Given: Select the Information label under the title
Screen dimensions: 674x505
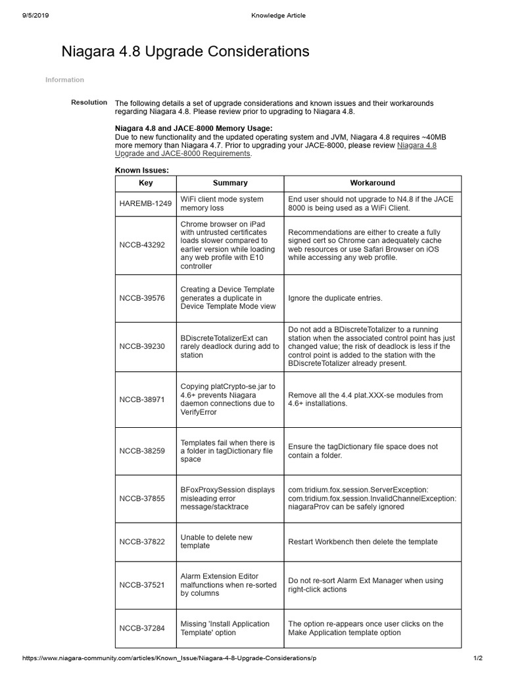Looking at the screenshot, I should (64, 80).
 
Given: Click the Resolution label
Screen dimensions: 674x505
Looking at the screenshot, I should (89, 102).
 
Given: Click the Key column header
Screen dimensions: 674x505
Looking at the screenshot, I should (145, 183).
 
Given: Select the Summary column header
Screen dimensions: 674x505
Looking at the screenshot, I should (230, 183).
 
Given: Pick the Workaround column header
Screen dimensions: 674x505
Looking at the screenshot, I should (372, 183).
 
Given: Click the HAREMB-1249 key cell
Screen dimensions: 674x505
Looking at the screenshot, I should (145, 203).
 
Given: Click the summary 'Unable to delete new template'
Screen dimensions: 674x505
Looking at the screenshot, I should (216, 542).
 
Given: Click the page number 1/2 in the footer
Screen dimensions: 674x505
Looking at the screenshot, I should (477, 658).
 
